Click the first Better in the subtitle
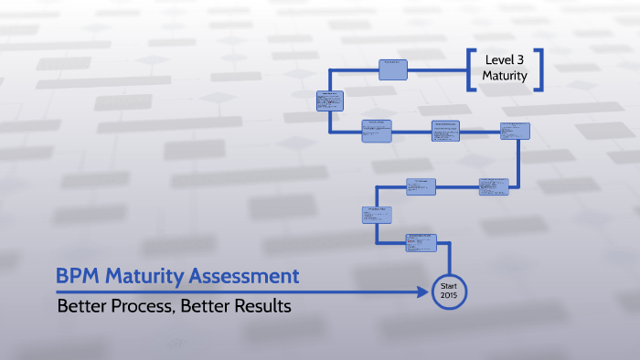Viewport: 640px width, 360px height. [x=80, y=306]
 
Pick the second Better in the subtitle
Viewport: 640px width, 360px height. [x=206, y=306]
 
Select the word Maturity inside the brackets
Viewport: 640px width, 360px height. [x=505, y=76]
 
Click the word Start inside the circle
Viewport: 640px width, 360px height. [x=448, y=286]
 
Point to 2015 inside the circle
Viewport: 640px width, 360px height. [x=448, y=298]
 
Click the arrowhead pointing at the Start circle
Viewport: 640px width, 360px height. [x=423, y=292]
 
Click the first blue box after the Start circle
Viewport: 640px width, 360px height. [x=421, y=242]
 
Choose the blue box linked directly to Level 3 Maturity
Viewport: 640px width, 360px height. [x=393, y=68]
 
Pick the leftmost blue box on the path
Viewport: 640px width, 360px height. [x=330, y=100]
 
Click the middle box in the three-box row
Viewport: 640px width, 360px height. [x=448, y=130]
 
